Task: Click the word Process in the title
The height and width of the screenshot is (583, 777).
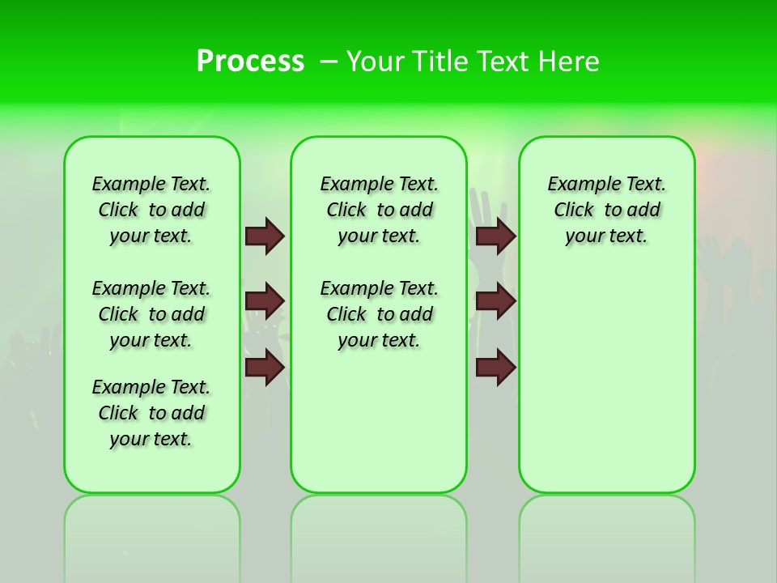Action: point(250,62)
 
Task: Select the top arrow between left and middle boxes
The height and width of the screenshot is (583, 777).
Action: point(265,236)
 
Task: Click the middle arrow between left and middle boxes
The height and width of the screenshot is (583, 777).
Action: point(265,302)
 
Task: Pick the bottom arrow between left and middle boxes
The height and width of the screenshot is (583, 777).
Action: point(265,368)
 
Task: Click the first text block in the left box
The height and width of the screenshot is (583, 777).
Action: point(151,210)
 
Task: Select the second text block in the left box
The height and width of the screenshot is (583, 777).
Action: point(151,314)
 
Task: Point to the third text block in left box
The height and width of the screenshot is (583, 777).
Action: point(151,413)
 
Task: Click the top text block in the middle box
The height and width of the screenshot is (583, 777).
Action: point(380,210)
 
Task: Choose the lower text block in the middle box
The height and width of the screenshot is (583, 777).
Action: point(380,314)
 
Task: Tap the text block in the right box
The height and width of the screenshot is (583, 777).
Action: point(607,210)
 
